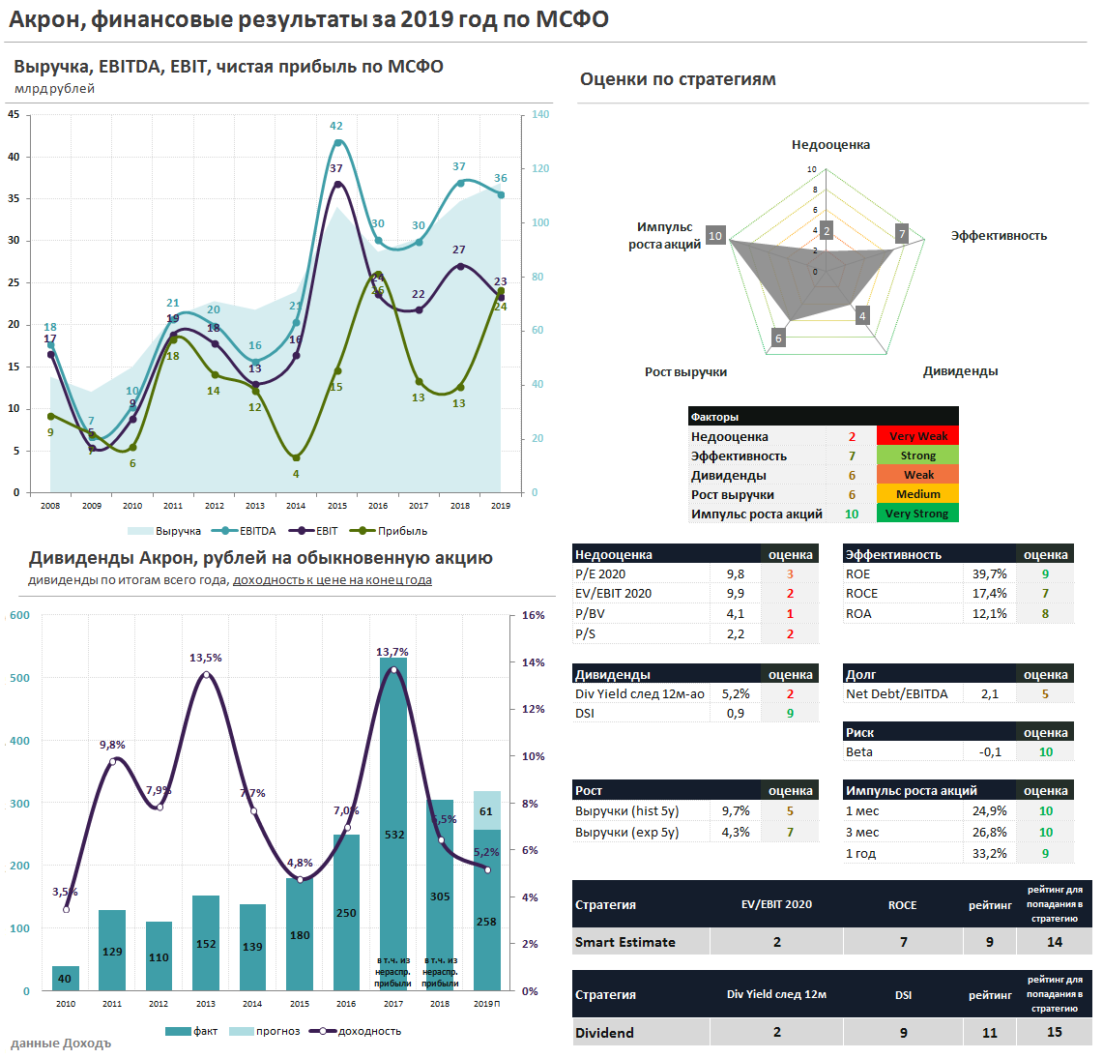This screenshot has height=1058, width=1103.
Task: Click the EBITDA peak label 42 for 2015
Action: click(335, 126)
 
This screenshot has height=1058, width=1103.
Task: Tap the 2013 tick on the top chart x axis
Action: click(255, 506)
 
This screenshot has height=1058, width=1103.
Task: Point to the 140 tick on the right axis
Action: click(540, 114)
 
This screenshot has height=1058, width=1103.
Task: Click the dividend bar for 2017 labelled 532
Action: click(393, 822)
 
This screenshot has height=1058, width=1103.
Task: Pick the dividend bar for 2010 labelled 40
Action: click(66, 979)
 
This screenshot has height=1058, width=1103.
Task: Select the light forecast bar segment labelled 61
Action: click(486, 810)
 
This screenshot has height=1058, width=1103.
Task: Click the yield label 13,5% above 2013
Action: click(206, 658)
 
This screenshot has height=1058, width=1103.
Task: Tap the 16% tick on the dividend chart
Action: click(533, 615)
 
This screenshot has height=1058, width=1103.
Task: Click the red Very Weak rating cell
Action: click(917, 436)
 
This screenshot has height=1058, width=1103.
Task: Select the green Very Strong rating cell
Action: click(917, 514)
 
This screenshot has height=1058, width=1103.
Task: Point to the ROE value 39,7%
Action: click(989, 573)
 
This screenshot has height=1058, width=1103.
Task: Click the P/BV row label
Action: click(590, 613)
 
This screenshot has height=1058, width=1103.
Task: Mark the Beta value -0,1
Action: click(990, 751)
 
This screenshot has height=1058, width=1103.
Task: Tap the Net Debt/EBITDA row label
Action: click(896, 693)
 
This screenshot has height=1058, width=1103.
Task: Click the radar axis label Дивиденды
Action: click(960, 371)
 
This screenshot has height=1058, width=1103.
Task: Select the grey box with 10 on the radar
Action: click(715, 236)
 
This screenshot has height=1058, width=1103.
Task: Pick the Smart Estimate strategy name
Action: click(624, 942)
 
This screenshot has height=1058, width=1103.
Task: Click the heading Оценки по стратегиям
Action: click(678, 79)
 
